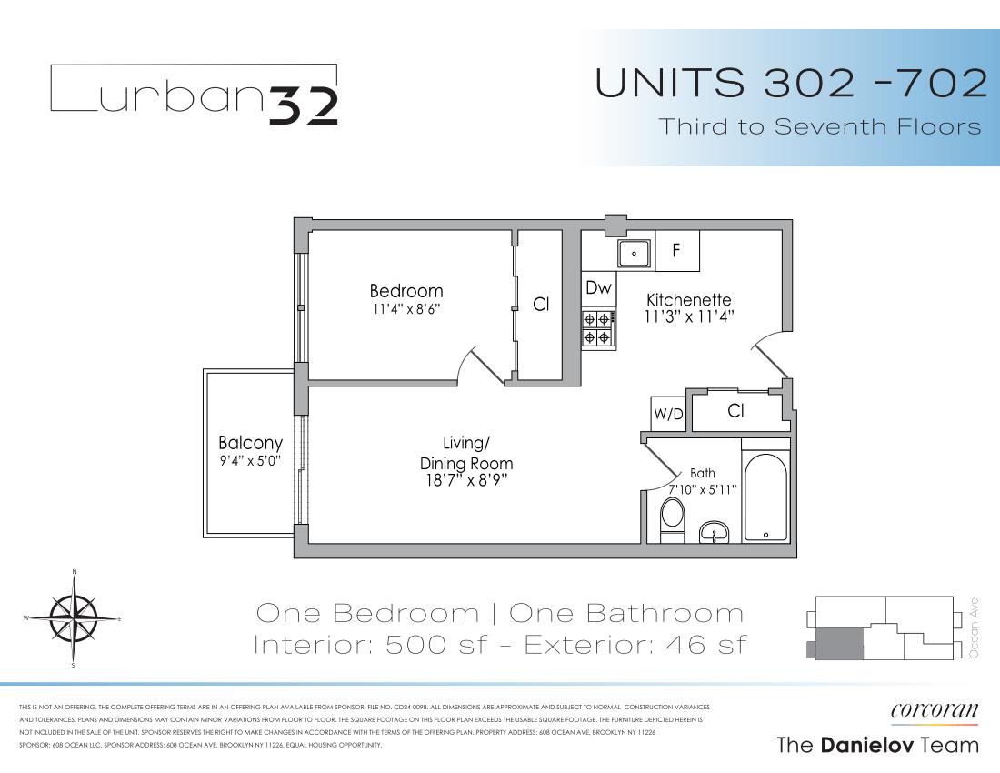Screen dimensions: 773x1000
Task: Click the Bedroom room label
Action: tap(405, 291)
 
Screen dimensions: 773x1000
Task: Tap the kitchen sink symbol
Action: tap(634, 253)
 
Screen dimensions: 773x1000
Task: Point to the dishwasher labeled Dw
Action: tap(597, 288)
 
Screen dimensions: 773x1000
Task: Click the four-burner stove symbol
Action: tap(597, 328)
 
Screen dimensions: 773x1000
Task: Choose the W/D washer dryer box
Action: tap(668, 414)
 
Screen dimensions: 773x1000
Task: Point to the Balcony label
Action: tap(250, 443)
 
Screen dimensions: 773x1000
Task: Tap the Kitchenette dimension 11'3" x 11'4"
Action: tap(689, 317)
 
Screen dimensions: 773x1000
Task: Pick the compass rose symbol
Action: tap(74, 618)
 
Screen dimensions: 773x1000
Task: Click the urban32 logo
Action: tap(194, 94)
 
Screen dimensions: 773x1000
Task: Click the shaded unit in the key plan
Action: tap(835, 644)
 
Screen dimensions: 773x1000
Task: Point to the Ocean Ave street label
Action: tap(975, 628)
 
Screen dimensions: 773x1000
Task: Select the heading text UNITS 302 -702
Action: tap(789, 84)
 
